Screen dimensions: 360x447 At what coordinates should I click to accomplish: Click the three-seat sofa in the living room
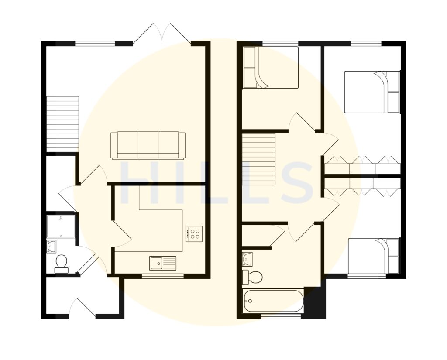click(148, 145)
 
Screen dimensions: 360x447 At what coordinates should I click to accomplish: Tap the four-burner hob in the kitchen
click(194, 233)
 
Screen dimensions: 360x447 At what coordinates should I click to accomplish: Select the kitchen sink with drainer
click(163, 263)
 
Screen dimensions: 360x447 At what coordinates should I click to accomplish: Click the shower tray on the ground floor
click(61, 226)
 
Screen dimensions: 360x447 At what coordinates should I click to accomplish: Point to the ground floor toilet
click(62, 264)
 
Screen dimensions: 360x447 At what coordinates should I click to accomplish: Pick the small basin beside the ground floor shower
click(52, 247)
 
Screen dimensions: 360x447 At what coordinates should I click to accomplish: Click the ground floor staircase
click(62, 123)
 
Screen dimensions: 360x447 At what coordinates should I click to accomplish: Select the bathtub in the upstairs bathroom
click(273, 301)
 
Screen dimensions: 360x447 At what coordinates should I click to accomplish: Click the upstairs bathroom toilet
click(253, 276)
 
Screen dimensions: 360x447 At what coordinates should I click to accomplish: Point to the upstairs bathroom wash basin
click(248, 258)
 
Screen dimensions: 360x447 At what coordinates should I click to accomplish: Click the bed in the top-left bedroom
click(270, 68)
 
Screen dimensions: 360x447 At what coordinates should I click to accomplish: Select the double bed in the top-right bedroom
click(372, 92)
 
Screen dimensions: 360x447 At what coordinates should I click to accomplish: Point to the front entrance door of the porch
click(82, 307)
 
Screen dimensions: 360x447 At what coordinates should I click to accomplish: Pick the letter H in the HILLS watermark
click(139, 183)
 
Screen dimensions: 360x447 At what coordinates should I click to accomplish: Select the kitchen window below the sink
click(163, 276)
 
